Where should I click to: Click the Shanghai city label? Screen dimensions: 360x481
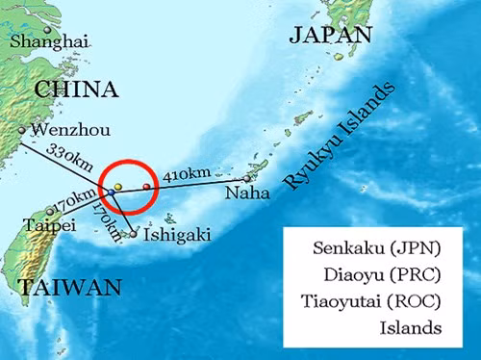click(x=49, y=41)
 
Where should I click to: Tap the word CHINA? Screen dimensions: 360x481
click(x=76, y=90)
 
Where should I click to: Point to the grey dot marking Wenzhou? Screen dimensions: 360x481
click(x=21, y=130)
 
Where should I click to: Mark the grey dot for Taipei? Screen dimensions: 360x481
click(x=49, y=212)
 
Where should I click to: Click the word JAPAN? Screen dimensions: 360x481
click(x=330, y=37)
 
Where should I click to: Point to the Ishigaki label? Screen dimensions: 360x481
click(x=176, y=233)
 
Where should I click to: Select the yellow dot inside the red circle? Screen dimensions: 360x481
click(x=117, y=185)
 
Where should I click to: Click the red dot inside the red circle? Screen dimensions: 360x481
click(x=146, y=185)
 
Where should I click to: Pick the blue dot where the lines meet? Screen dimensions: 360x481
click(x=111, y=193)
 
